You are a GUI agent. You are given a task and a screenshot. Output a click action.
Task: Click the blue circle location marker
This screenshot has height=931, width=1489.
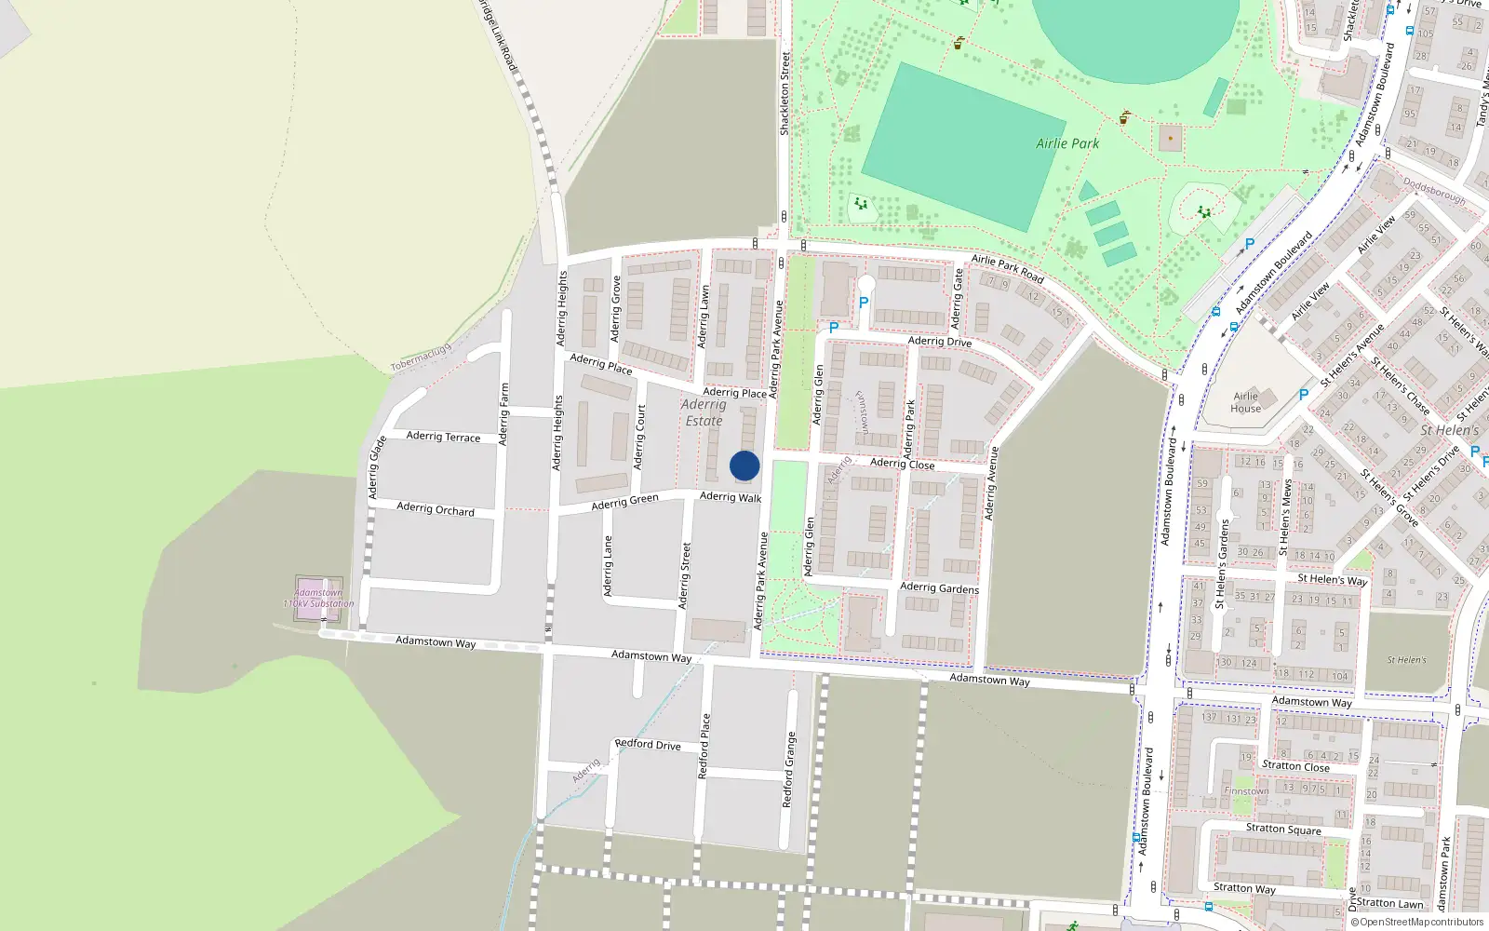[744, 465]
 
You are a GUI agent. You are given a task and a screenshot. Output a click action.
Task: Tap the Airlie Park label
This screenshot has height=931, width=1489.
[1067, 143]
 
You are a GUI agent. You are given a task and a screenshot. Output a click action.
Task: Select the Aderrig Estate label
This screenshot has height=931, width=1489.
[704, 412]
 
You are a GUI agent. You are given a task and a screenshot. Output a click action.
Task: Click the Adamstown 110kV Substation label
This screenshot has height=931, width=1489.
[318, 598]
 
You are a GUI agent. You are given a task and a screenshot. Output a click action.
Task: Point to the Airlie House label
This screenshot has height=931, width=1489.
[1245, 402]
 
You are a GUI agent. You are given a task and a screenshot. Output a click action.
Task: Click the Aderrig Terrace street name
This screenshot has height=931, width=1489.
[443, 436]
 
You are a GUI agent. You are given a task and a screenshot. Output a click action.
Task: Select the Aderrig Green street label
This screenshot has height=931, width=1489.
[624, 502]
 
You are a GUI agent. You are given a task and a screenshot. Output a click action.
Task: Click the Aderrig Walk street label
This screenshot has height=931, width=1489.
[731, 497]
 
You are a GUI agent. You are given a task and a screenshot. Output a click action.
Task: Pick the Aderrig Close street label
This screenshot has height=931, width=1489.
[902, 463]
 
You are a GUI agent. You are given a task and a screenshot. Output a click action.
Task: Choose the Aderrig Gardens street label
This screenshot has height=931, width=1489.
[939, 587]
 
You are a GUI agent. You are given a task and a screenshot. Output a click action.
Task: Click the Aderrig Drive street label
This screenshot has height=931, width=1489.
[939, 341]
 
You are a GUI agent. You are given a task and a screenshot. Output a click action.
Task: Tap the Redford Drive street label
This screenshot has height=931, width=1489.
[648, 744]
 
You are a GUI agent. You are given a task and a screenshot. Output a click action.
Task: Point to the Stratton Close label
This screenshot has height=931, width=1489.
[1295, 766]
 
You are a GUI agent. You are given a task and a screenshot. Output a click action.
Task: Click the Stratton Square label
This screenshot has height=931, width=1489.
[1283, 829]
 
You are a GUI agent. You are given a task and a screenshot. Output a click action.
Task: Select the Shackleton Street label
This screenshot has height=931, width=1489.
[785, 94]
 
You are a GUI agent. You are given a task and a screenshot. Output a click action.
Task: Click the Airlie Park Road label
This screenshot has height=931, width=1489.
[1007, 268]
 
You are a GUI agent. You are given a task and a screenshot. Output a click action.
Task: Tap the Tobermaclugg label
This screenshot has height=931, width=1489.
[421, 357]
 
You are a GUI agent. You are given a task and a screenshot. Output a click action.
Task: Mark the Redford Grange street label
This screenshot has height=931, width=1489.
[789, 769]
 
